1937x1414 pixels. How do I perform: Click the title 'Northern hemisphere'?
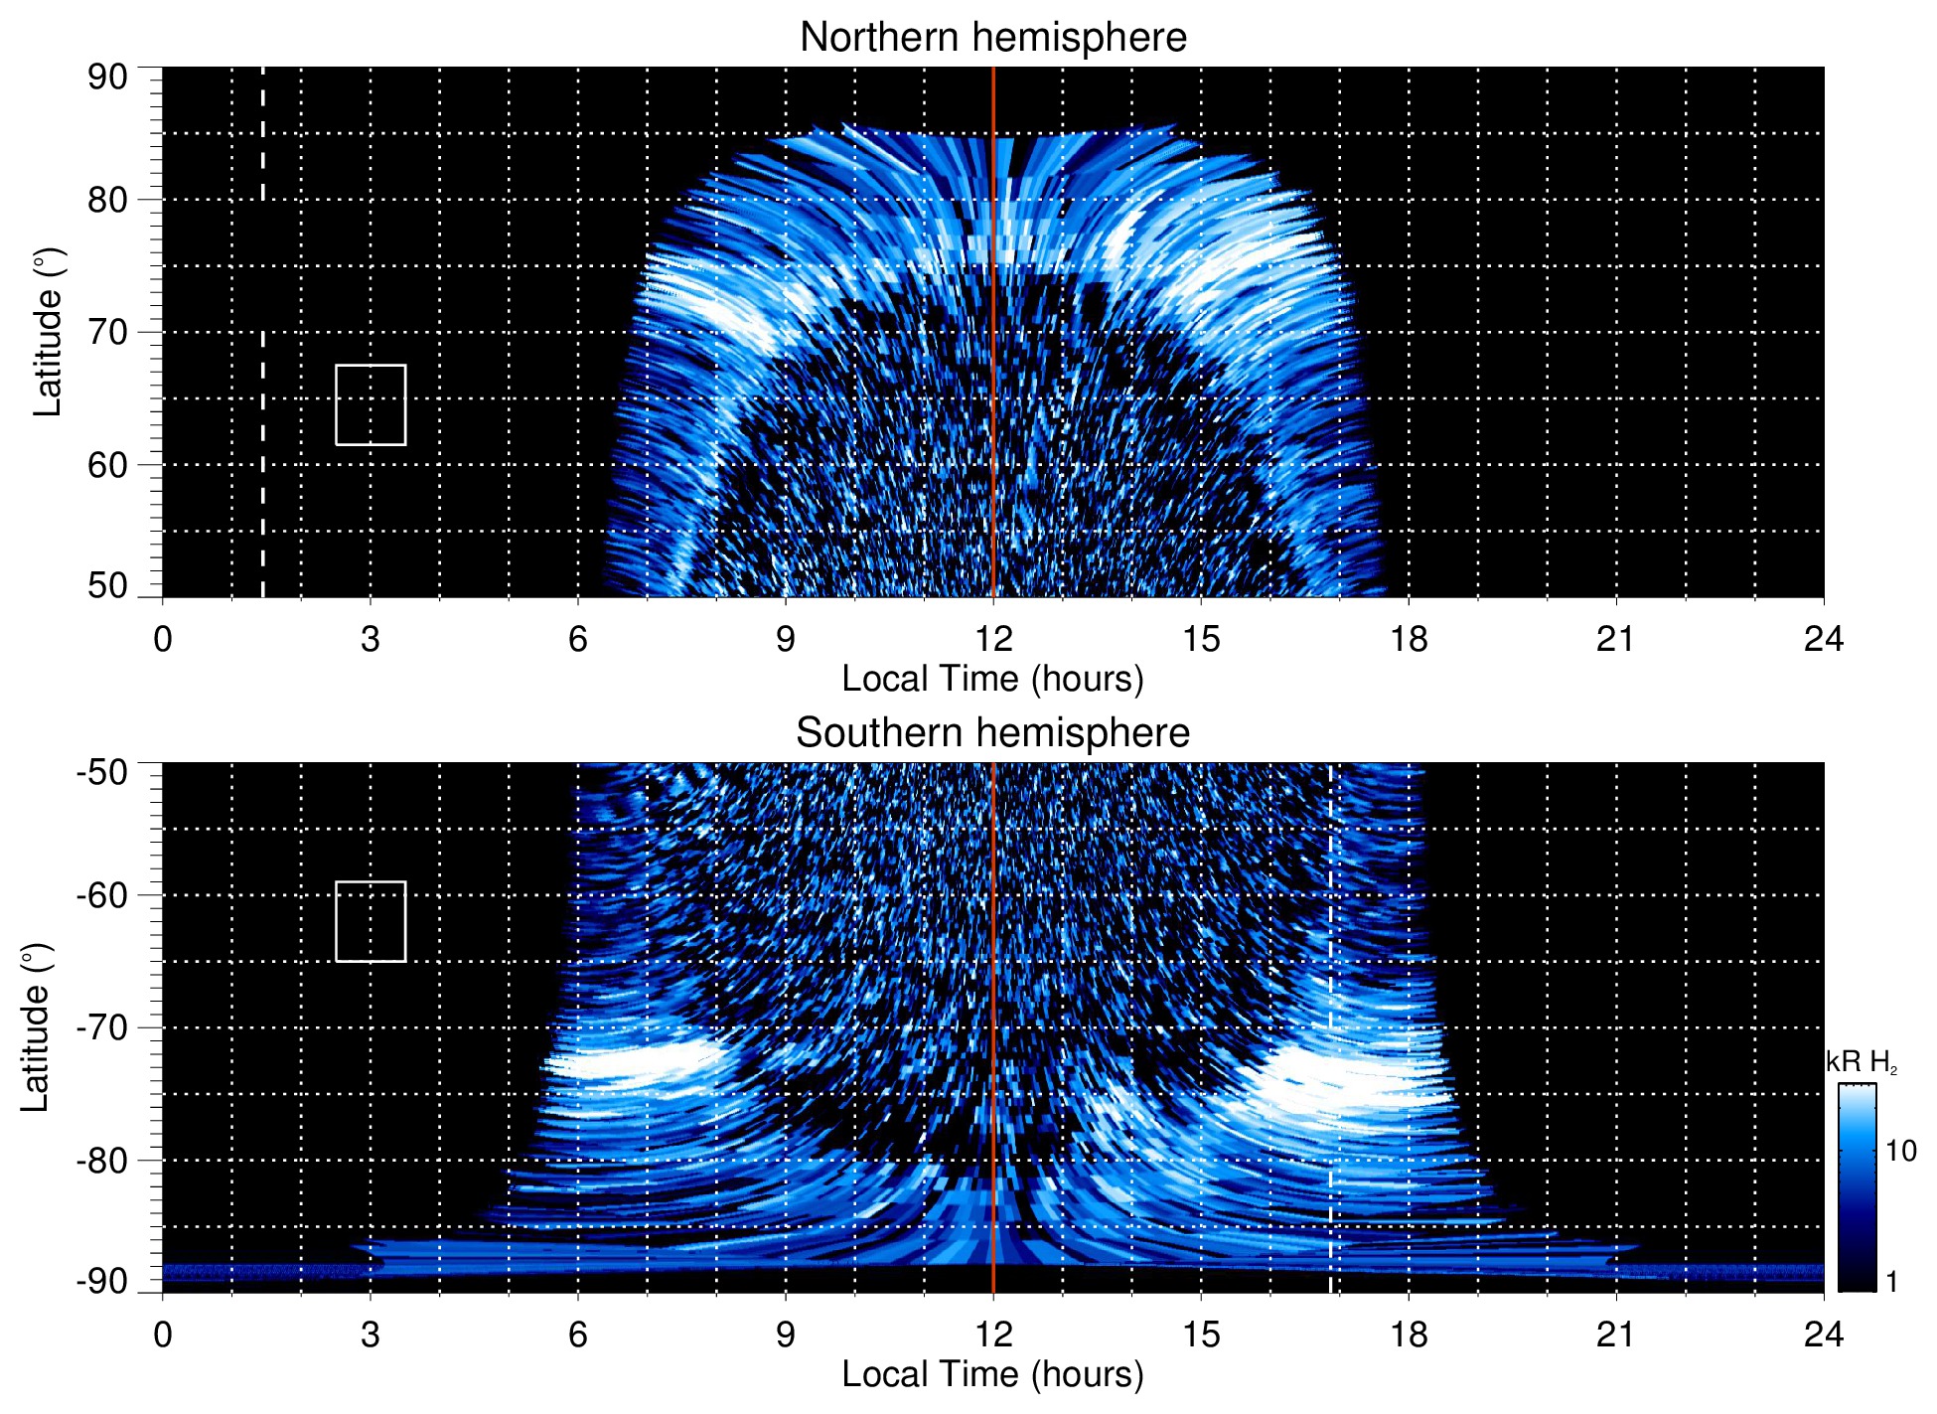click(x=992, y=38)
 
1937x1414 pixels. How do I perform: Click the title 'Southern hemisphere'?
click(x=992, y=733)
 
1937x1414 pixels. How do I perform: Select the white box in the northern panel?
click(x=371, y=404)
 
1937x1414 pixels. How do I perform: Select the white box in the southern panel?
click(x=371, y=921)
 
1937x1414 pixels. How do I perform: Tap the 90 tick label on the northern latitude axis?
click(x=107, y=78)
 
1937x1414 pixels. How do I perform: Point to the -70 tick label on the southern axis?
click(x=101, y=1027)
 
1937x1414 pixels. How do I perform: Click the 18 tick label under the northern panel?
click(x=1408, y=639)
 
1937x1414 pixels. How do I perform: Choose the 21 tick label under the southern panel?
click(x=1615, y=1335)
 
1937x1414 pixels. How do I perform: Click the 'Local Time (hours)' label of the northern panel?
click(x=992, y=679)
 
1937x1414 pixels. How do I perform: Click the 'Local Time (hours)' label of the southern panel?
click(x=992, y=1374)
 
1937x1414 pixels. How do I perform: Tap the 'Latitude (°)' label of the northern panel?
click(x=48, y=332)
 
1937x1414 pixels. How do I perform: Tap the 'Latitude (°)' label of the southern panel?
click(x=36, y=1027)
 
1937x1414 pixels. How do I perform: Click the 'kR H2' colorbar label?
click(x=1861, y=1062)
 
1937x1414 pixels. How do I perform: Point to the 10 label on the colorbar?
click(x=1900, y=1151)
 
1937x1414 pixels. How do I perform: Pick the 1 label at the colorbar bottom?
click(x=1891, y=1282)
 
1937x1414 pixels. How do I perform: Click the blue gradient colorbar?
click(x=1857, y=1187)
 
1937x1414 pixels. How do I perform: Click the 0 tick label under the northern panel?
click(x=163, y=639)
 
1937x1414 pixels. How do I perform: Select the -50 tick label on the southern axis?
click(x=101, y=772)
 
